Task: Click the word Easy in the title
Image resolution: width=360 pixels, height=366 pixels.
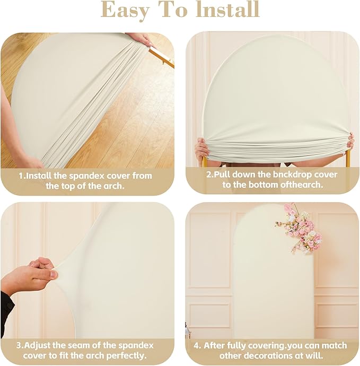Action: pyautogui.click(x=125, y=10)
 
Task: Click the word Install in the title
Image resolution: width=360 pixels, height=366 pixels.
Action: pyautogui.click(x=227, y=10)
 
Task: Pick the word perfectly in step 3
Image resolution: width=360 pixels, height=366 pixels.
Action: pyautogui.click(x=127, y=356)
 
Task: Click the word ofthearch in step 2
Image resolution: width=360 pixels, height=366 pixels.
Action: pyautogui.click(x=302, y=185)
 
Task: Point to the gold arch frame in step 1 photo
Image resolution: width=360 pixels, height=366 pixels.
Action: pyautogui.click(x=162, y=56)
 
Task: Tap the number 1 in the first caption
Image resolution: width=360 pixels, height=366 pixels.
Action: pyautogui.click(x=21, y=176)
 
